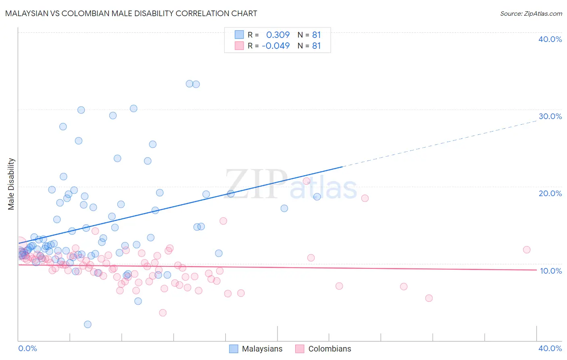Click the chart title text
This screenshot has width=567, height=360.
pos(131,13)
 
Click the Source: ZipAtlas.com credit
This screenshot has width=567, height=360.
pos(531,13)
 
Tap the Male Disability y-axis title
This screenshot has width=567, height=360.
pos(11,184)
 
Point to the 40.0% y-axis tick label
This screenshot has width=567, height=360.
pos(550,39)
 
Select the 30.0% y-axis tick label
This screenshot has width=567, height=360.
pos(550,116)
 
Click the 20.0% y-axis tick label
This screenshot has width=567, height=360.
pos(550,193)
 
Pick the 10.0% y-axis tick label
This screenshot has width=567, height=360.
pos(550,271)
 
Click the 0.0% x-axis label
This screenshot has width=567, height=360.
pos(27,348)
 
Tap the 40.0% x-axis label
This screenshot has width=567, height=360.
pos(550,348)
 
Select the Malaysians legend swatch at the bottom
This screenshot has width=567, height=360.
pos(233,349)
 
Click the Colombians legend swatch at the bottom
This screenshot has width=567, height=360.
pos(300,349)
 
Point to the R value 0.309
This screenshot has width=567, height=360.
pos(278,35)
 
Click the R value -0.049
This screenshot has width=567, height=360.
pos(276,46)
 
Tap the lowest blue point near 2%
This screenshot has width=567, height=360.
pos(88,324)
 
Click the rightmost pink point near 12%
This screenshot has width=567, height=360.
pos(526,249)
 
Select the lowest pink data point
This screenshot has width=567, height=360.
pos(163,312)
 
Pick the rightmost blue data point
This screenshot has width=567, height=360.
pos(317,197)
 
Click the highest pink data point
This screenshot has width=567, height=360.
pos(306,181)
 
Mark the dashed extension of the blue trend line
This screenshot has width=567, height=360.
pos(440,143)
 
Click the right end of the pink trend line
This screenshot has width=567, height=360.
pos(536,270)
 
